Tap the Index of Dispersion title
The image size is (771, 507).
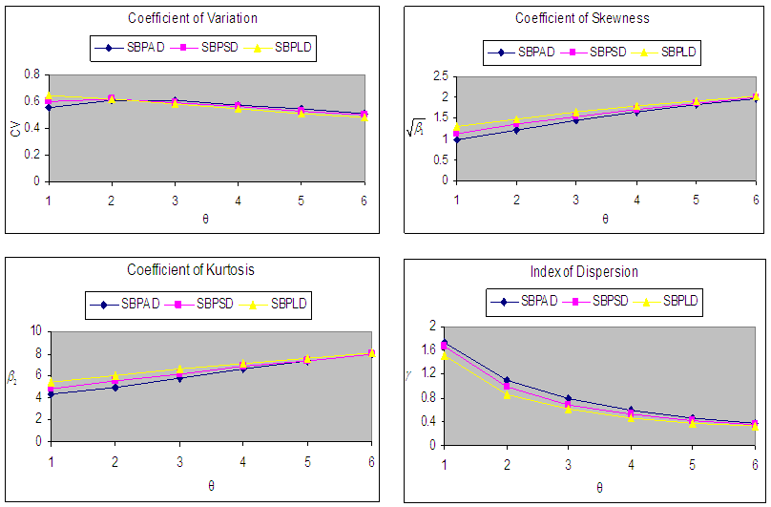click(x=585, y=272)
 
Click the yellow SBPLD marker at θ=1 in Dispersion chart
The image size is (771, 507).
click(x=444, y=355)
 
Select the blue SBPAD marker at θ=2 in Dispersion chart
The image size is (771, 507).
click(x=507, y=380)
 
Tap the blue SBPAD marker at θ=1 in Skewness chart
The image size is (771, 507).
click(x=457, y=139)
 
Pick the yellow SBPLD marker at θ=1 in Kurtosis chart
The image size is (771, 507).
click(x=51, y=383)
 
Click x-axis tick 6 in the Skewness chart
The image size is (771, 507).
click(x=755, y=198)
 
